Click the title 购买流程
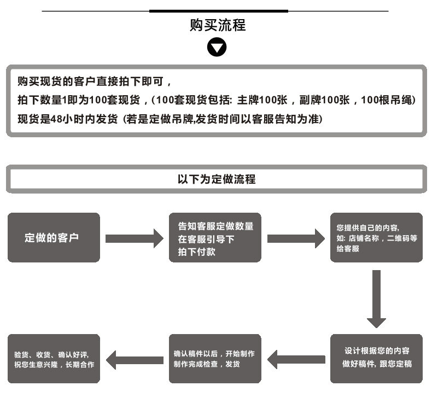pos(217,25)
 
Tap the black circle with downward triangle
pos(217,48)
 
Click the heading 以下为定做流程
pos(216,179)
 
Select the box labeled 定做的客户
pos(54,238)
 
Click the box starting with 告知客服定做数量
pos(215,238)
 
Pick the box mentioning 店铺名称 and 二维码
pos(376,238)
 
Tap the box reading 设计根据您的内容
pos(376,358)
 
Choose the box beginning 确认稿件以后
pos(215,358)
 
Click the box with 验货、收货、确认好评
pos(54,358)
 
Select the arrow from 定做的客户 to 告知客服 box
pos(134,238)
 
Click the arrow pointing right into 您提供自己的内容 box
pos(296,238)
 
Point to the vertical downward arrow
pos(376,298)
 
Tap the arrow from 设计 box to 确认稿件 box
pos(296,359)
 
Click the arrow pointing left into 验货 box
pos(135,359)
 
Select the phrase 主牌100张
pos(262,101)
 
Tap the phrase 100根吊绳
pos(388,101)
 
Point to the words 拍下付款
pos(196,252)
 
